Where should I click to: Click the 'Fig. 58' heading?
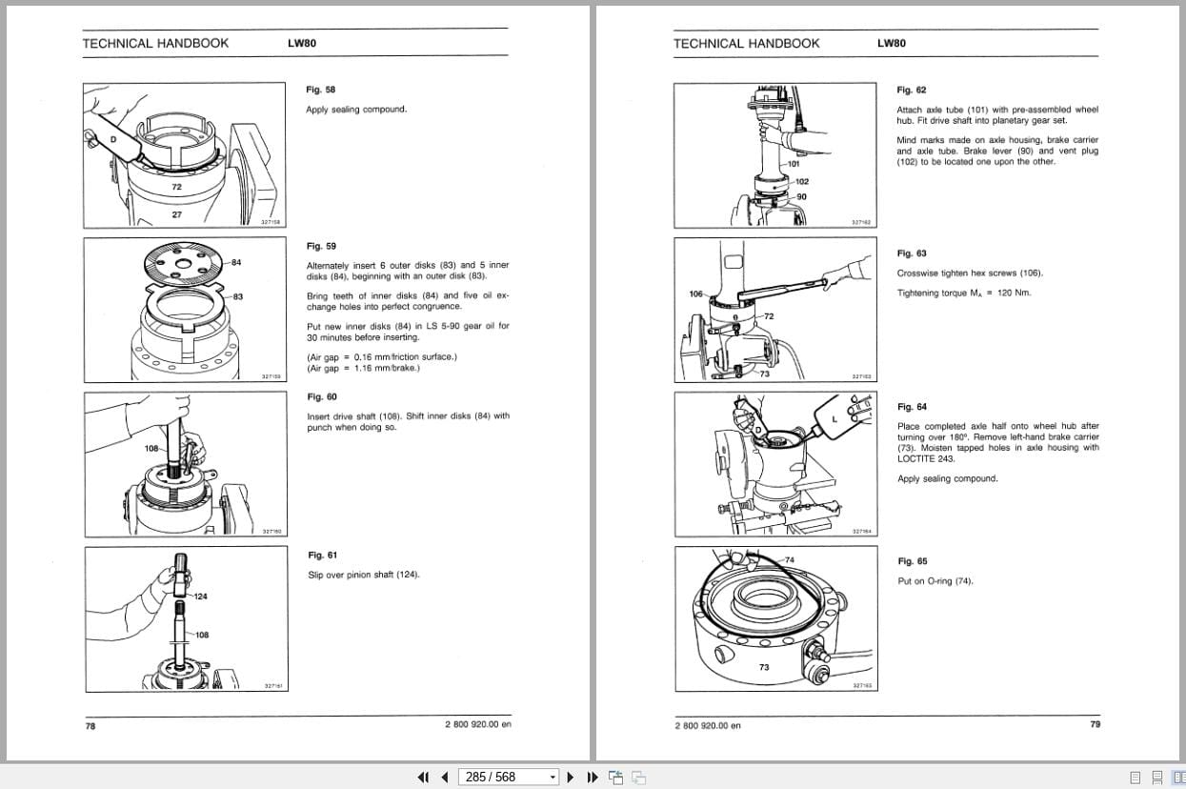(320, 90)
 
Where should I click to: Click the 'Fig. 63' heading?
(911, 253)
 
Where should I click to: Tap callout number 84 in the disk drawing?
(236, 262)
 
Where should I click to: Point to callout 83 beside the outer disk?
(237, 296)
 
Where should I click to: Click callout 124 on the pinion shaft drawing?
(200, 596)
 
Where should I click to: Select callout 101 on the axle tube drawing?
(794, 165)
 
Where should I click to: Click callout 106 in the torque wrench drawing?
(695, 293)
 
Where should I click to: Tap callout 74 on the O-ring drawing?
(789, 559)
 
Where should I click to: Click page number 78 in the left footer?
(90, 725)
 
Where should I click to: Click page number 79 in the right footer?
(1095, 724)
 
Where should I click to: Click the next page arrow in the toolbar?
(571, 777)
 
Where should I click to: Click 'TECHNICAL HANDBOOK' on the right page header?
(746, 43)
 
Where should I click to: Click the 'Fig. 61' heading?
(322, 555)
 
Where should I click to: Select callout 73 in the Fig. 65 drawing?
(763, 667)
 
